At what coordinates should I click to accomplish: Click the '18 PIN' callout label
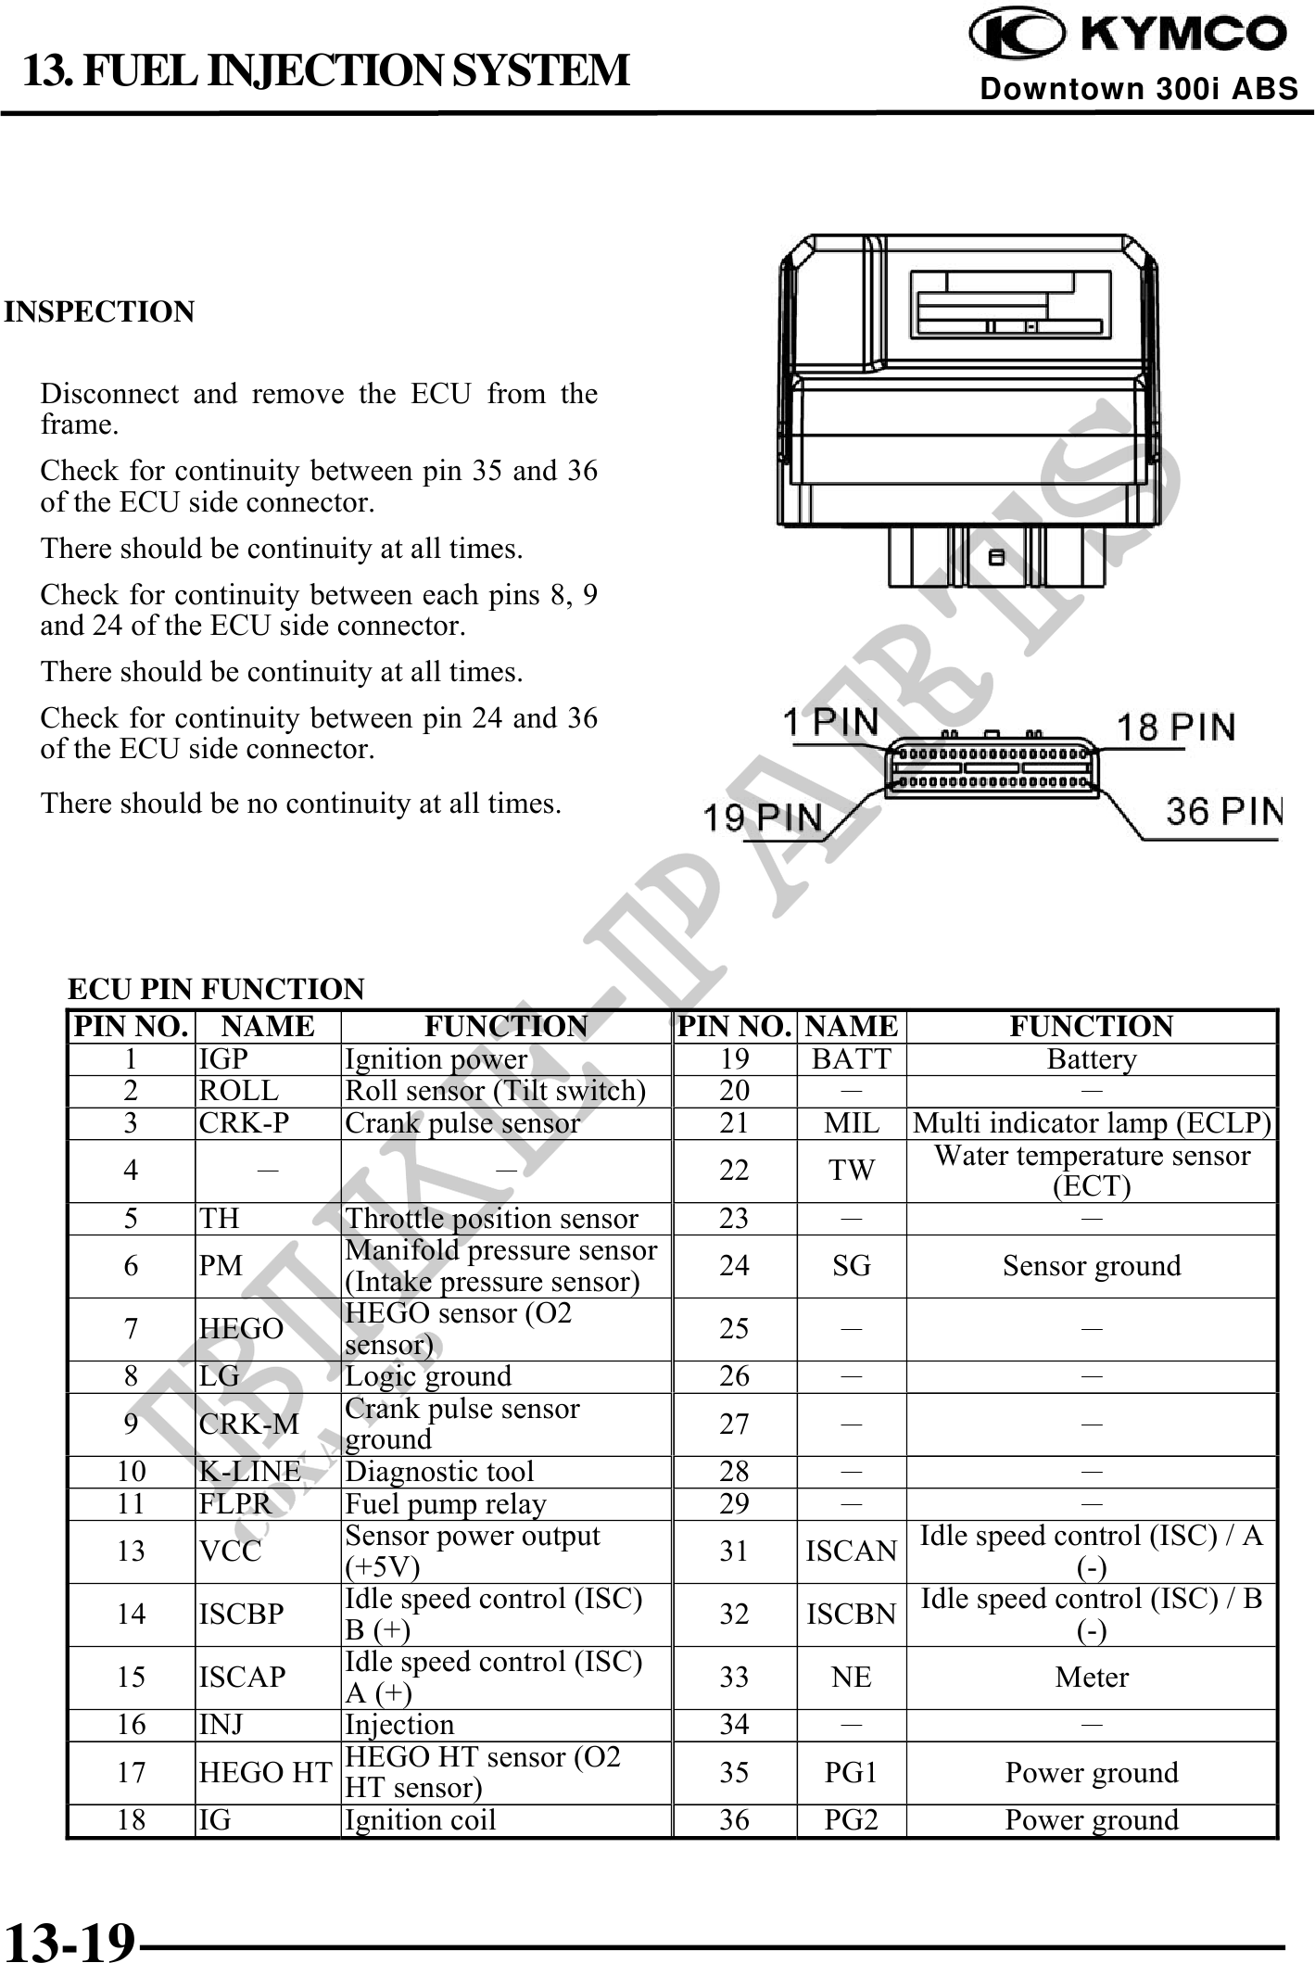point(1174,728)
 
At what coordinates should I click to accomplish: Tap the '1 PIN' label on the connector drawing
point(831,721)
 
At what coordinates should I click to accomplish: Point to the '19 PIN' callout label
point(763,817)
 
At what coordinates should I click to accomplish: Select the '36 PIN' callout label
point(1223,811)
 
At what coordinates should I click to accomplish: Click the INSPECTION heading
point(99,312)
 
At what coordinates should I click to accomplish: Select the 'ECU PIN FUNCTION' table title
point(216,989)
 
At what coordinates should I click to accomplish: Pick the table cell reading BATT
point(851,1059)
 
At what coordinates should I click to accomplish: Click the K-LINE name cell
point(250,1472)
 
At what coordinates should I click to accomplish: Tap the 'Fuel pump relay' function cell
point(446,1503)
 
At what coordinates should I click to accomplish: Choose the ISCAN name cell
point(851,1551)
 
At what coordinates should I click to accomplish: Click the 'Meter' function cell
point(1091,1678)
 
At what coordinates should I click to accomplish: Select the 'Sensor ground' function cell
point(1091,1266)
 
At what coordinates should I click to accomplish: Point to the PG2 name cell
point(851,1820)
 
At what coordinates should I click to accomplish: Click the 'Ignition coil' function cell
point(421,1820)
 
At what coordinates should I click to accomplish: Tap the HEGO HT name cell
point(265,1773)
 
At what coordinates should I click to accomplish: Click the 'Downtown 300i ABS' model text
point(1139,89)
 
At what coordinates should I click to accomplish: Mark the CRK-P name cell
point(245,1123)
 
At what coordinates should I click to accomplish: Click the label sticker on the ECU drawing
point(1010,304)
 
